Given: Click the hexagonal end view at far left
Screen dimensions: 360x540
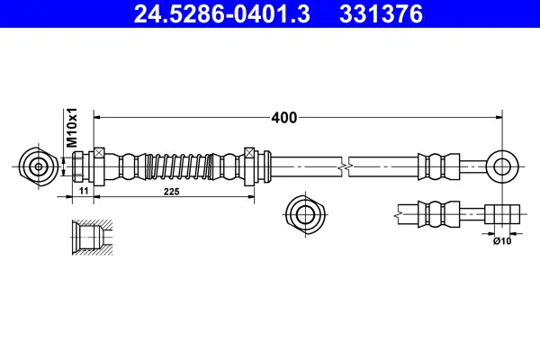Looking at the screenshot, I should tap(39, 166).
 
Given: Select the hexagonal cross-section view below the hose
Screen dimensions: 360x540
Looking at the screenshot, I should tap(301, 215).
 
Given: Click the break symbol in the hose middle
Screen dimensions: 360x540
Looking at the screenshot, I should tap(345, 166).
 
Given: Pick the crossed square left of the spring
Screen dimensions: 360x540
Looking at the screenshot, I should tap(101, 153).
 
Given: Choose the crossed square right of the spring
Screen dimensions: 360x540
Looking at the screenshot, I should tap(250, 153).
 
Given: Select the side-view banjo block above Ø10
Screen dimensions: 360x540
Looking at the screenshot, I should tap(502, 215).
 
